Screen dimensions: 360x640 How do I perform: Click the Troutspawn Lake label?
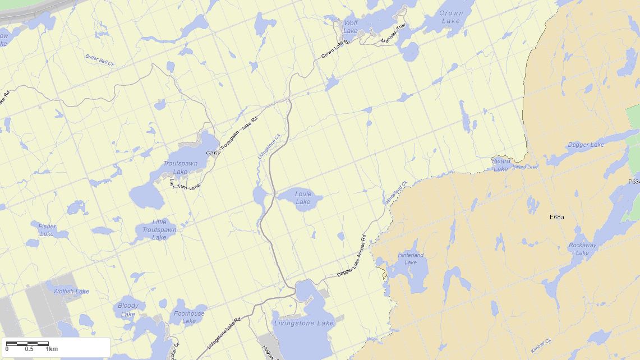click(x=180, y=167)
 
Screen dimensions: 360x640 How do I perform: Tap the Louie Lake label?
click(x=303, y=198)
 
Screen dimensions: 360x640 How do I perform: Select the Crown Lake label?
click(x=451, y=17)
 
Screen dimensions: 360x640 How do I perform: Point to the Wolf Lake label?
click(x=351, y=27)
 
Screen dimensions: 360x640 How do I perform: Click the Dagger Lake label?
click(x=586, y=145)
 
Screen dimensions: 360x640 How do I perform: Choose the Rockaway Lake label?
click(x=582, y=249)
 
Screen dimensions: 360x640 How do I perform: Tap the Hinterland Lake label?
click(x=411, y=259)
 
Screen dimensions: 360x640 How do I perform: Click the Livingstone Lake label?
click(x=303, y=323)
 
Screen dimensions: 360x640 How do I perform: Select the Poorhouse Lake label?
click(x=189, y=317)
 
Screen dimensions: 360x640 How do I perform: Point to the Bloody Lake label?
click(x=128, y=310)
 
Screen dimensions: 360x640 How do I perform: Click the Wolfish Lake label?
click(x=71, y=292)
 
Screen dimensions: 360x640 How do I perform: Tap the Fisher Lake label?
click(x=47, y=230)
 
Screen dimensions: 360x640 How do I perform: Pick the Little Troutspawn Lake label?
click(x=159, y=229)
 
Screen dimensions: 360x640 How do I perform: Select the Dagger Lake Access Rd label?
click(x=352, y=259)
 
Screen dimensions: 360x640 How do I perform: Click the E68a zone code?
click(x=558, y=216)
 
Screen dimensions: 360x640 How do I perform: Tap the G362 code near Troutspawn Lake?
click(x=213, y=153)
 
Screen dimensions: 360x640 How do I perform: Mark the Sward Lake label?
click(x=501, y=165)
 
